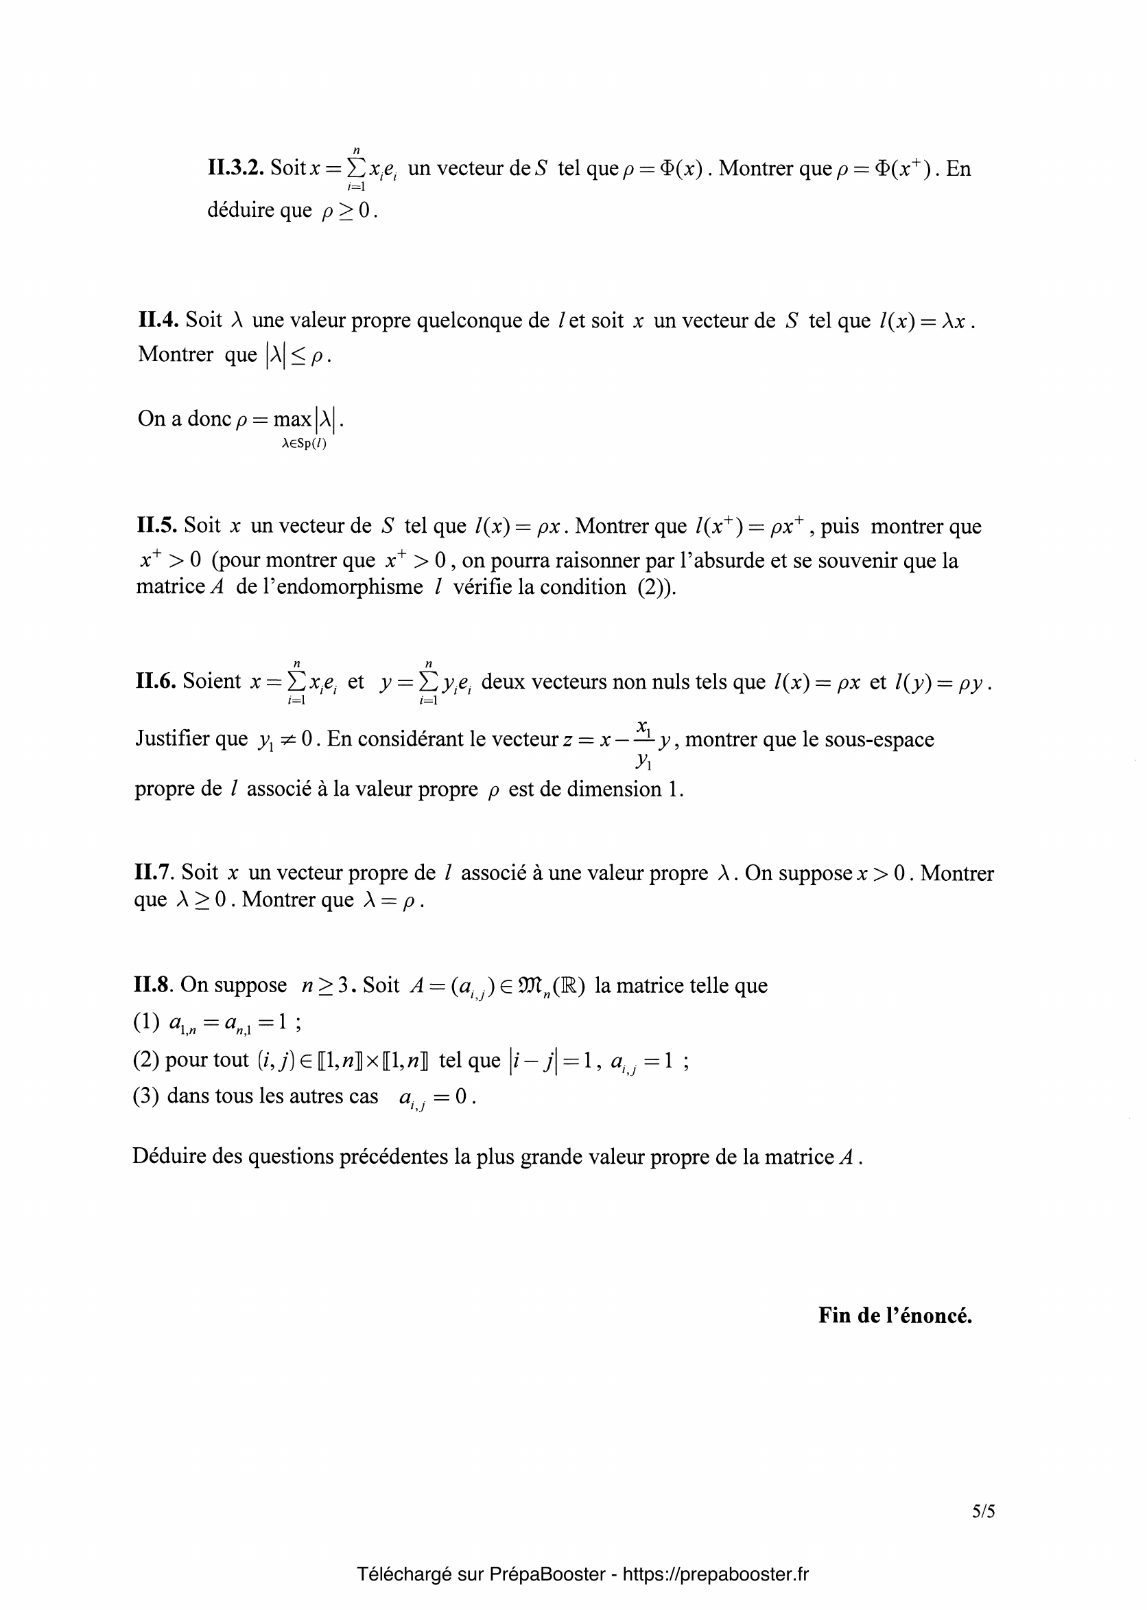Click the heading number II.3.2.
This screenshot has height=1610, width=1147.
click(235, 169)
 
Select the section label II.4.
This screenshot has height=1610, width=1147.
click(158, 320)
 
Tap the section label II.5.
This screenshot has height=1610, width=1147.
click(157, 526)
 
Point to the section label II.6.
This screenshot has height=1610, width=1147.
click(156, 681)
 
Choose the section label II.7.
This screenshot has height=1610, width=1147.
click(154, 873)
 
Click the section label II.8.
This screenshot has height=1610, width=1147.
click(153, 985)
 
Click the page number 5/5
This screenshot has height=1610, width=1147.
click(983, 1512)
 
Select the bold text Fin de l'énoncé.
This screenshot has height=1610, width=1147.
click(895, 1315)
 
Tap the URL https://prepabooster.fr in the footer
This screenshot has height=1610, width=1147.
click(716, 1573)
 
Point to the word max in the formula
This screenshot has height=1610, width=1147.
click(292, 419)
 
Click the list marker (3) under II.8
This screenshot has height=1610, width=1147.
click(145, 1096)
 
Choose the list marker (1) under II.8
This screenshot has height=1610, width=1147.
click(146, 1023)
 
